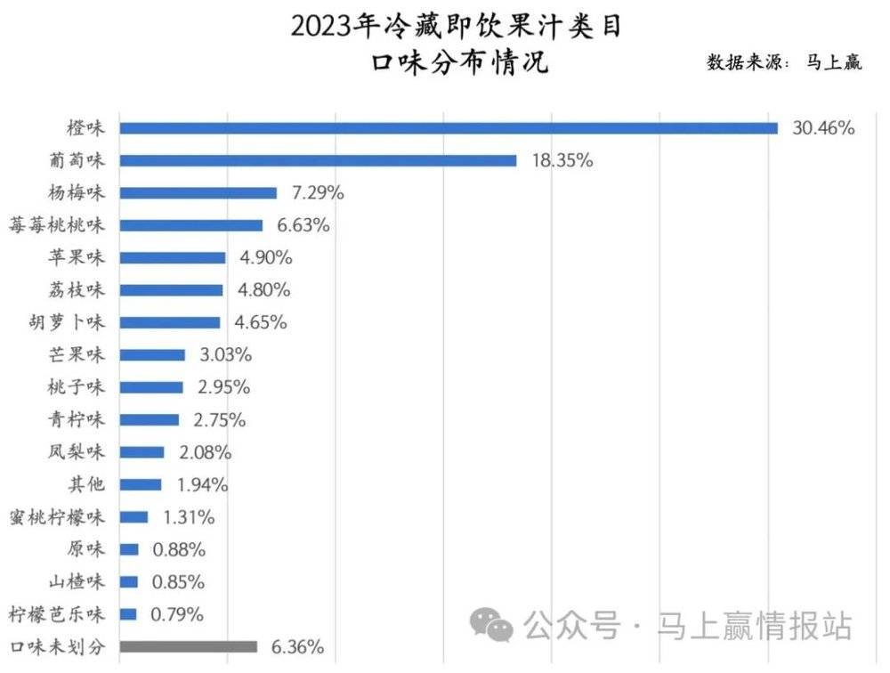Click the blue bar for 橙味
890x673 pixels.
449,128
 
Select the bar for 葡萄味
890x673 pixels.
318,161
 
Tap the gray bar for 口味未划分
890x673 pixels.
189,646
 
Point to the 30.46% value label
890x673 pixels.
823,128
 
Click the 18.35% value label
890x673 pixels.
562,160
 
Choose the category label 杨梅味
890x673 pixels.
77,192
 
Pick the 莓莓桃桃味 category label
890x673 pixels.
57,225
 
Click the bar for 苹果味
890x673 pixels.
173,258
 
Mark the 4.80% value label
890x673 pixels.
264,289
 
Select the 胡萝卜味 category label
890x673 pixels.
67,322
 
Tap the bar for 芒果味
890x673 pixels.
152,355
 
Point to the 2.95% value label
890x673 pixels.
223,386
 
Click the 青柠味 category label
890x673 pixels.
77,419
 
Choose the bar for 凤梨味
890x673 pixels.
142,452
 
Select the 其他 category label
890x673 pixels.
86,484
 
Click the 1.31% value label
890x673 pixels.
189,517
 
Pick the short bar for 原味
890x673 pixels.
129,549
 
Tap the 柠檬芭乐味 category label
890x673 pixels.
57,614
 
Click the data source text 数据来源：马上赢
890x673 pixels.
784,61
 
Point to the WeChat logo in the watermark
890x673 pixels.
491,625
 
